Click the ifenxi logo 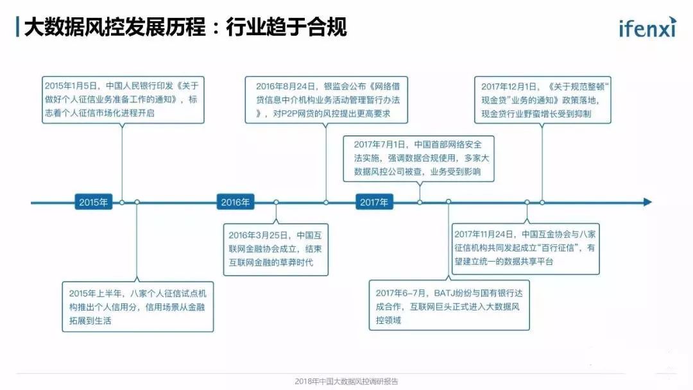pos(647,28)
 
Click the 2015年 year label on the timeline pos(94,202)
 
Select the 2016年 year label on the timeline pos(235,202)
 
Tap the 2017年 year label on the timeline pos(374,202)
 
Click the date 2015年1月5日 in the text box pos(69,85)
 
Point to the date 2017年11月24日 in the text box pos(483,234)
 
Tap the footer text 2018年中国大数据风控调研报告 pos(346,381)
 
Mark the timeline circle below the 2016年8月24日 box pos(326,202)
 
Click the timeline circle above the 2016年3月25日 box pos(277,202)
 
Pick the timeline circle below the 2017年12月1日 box pos(542,202)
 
